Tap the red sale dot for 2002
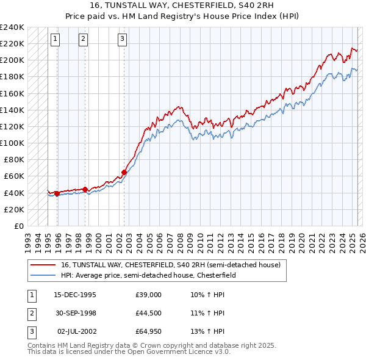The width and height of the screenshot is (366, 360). click(x=124, y=172)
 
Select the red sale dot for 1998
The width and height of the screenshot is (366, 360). click(x=85, y=189)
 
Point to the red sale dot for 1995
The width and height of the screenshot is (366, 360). click(x=57, y=193)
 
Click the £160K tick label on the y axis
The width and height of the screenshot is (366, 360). click(x=12, y=93)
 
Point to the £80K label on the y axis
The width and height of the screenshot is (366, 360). click(x=15, y=159)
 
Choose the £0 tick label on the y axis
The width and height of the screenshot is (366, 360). click(x=19, y=226)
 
